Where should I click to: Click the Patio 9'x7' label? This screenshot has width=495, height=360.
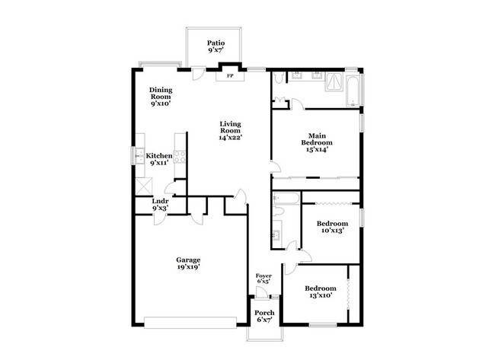(215, 47)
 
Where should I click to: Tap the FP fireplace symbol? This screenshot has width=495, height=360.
(229, 75)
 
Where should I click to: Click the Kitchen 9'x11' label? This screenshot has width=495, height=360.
(159, 159)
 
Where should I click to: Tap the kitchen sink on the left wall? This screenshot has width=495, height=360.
(140, 156)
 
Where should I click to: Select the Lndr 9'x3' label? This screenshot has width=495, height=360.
(160, 205)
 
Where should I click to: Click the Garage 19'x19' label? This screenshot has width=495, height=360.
(188, 264)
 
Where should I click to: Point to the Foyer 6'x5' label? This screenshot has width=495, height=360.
(263, 279)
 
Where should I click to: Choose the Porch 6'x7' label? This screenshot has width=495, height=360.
(264, 317)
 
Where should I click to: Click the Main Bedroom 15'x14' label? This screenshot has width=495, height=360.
(316, 143)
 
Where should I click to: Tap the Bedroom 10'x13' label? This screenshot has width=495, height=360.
(333, 226)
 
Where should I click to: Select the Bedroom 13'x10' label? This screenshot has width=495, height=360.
(321, 292)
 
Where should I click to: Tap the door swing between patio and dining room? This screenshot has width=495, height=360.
(198, 73)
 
